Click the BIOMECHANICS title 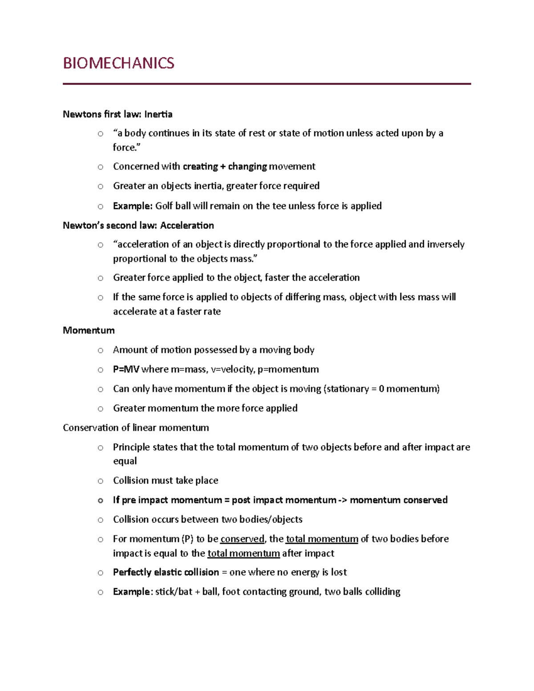(118, 63)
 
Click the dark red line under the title (267, 84)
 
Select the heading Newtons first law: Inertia (117, 114)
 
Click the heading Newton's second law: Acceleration (138, 226)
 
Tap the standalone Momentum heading (89, 331)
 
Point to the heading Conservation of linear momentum (136, 428)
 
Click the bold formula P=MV (126, 369)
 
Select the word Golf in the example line (164, 206)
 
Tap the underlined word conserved (242, 539)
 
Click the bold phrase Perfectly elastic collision (166, 572)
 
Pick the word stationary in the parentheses (348, 389)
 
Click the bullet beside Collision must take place (101, 481)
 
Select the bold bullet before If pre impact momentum (101, 501)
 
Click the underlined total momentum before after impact (243, 554)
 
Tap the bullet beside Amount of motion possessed (101, 351)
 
